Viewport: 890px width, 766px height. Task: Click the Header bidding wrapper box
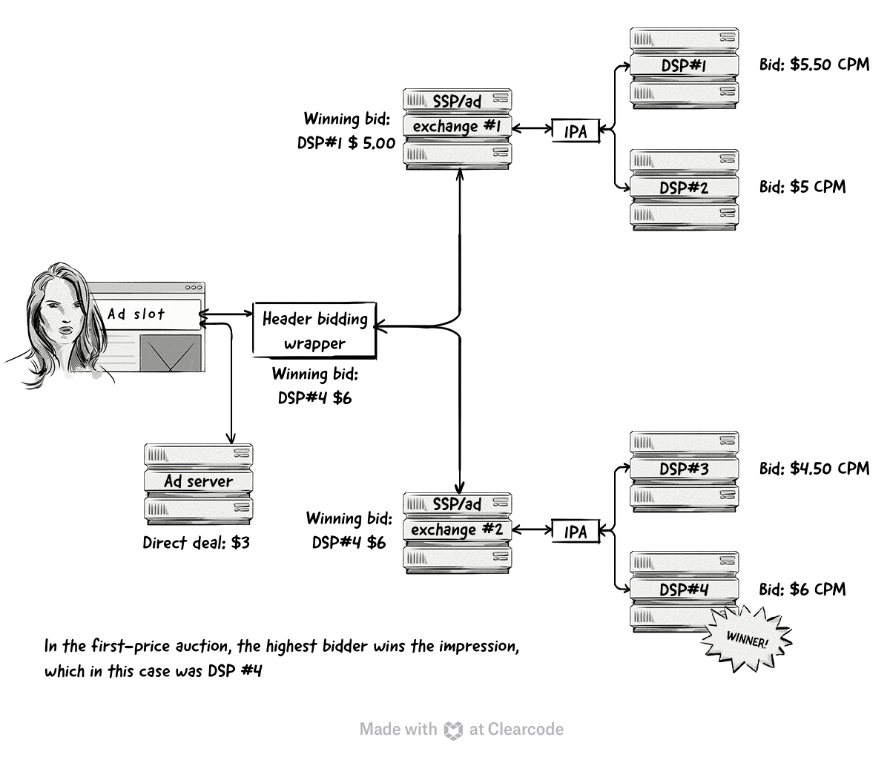[x=314, y=330]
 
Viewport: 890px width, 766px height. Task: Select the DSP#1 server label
[x=684, y=66]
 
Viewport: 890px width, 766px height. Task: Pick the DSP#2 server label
[x=684, y=188]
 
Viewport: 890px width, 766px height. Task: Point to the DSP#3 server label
[x=684, y=469]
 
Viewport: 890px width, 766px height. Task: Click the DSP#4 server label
[x=684, y=590]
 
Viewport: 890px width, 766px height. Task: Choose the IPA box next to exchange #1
[x=576, y=131]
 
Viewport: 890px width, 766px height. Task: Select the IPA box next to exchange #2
[x=576, y=532]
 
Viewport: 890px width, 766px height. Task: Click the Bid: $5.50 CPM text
[x=814, y=65]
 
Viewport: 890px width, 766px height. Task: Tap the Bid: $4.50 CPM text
[x=814, y=469]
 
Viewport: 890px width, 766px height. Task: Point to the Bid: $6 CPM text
[x=802, y=590]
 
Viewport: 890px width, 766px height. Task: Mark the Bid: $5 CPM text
[x=802, y=186]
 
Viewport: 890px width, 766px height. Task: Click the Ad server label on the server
[x=198, y=481]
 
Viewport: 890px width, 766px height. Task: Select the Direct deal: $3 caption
[x=196, y=543]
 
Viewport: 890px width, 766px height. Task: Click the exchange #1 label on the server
[x=457, y=127]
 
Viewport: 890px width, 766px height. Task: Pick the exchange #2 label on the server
[x=457, y=530]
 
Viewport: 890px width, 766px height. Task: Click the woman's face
[x=59, y=315]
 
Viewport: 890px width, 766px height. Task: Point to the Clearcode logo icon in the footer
[x=453, y=730]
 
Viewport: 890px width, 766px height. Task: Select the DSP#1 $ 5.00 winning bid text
[x=346, y=143]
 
